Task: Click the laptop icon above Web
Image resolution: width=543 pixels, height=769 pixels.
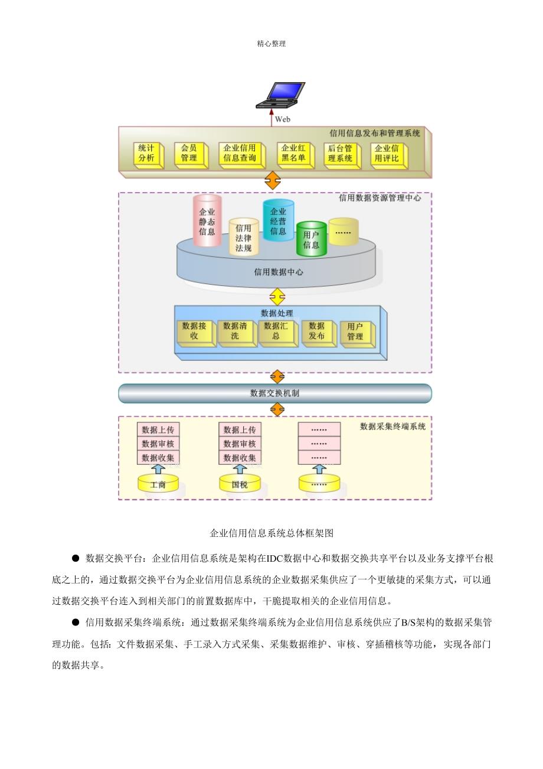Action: click(280, 95)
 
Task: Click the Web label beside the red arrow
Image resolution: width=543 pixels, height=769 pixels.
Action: click(282, 119)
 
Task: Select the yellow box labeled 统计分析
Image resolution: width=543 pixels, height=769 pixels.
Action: click(149, 155)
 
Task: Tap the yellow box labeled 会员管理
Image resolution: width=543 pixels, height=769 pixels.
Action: click(191, 155)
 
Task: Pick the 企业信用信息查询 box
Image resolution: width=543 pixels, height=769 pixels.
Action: click(242, 155)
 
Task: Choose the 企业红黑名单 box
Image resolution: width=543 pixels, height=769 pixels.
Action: click(296, 155)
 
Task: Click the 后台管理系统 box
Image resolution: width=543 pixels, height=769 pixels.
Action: click(342, 156)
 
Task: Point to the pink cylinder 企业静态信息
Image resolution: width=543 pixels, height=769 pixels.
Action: click(207, 220)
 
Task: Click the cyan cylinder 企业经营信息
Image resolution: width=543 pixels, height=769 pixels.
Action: click(278, 220)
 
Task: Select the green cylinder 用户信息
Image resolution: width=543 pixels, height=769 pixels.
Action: click(311, 239)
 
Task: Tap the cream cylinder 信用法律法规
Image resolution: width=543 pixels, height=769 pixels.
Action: click(244, 237)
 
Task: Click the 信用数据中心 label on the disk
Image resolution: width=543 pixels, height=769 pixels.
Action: click(279, 272)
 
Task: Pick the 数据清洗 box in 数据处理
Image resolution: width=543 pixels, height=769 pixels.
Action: click(237, 333)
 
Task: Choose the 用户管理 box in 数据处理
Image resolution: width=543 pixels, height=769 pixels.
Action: click(357, 334)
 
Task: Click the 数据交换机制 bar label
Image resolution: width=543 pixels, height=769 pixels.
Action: click(275, 393)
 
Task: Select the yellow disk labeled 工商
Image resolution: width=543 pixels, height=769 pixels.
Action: click(158, 483)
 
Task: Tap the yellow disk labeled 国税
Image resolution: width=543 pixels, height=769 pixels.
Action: click(240, 483)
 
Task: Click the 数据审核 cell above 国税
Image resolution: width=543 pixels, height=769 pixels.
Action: click(240, 444)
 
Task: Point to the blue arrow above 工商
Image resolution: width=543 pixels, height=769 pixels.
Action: click(158, 470)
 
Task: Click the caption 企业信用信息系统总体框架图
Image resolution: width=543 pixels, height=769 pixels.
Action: click(271, 533)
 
